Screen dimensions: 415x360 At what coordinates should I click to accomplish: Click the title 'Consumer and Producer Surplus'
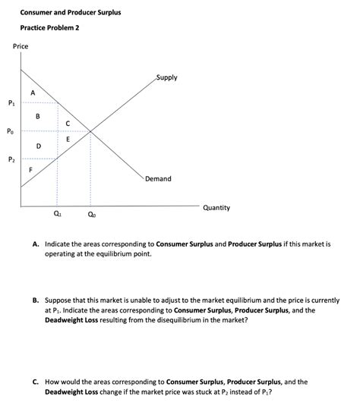[x=70, y=13]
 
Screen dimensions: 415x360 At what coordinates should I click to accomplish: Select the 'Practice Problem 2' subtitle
[x=49, y=28]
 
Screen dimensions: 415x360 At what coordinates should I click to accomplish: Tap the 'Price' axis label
[x=21, y=47]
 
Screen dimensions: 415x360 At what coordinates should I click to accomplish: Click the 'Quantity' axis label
[x=216, y=207]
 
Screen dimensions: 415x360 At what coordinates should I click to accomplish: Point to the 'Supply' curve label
[x=166, y=77]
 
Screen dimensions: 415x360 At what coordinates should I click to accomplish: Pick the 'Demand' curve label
[x=158, y=179]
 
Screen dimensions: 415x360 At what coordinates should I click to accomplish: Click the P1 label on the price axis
[x=10, y=103]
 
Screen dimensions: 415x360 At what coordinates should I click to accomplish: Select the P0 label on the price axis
[x=10, y=131]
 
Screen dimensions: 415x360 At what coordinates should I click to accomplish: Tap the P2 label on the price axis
[x=10, y=159]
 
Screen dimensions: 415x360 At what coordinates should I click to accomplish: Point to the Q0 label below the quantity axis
[x=91, y=215]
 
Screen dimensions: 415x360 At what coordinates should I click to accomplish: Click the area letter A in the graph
[x=32, y=93]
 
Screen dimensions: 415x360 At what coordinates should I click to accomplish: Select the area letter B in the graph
[x=38, y=116]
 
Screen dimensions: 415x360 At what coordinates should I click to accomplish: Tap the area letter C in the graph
[x=68, y=124]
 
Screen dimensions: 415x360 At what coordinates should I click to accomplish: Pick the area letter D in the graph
[x=38, y=145]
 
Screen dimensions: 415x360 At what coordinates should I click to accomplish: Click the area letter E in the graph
[x=68, y=139]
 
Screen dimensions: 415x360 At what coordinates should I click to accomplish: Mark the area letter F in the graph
[x=30, y=171]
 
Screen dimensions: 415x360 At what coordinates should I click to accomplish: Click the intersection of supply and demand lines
[x=90, y=132]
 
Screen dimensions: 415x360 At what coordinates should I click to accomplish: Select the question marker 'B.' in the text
[x=36, y=300]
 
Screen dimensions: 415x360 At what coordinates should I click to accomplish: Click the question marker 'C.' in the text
[x=36, y=382]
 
